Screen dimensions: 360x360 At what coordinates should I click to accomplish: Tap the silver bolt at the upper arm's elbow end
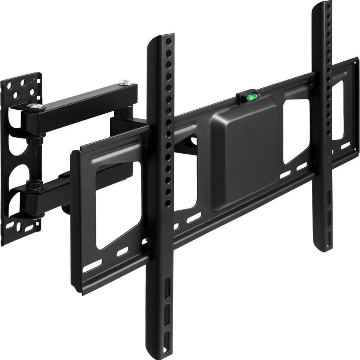[125, 83]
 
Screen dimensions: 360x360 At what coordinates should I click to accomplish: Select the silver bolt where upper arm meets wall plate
[34, 106]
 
